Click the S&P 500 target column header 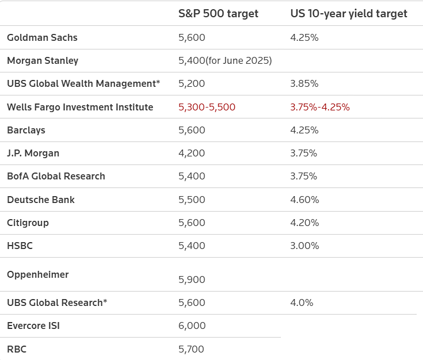click(218, 14)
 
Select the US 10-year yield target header click(348, 14)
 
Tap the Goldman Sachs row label click(42, 37)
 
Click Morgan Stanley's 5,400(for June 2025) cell click(225, 60)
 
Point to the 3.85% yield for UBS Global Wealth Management click(304, 84)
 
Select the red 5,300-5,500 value click(207, 107)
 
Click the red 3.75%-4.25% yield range click(320, 107)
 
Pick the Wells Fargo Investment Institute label click(80, 107)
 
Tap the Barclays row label click(26, 130)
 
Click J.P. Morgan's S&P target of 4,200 click(192, 154)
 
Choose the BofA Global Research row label click(56, 177)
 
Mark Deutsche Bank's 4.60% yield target click(304, 200)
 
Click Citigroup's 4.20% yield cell click(304, 223)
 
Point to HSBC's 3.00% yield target click(304, 246)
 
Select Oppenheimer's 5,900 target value click(192, 279)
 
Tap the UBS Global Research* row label click(57, 302)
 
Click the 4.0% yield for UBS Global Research click(302, 302)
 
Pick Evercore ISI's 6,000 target click(192, 326)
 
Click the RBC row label click(17, 349)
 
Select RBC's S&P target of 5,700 click(192, 349)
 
